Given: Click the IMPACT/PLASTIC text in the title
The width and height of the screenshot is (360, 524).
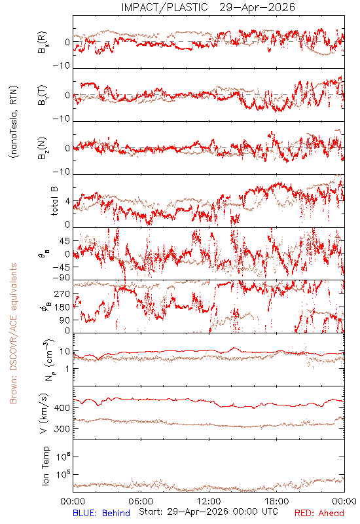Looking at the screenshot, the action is click(x=164, y=7).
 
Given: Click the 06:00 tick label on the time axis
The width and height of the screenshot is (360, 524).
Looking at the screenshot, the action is click(x=141, y=501).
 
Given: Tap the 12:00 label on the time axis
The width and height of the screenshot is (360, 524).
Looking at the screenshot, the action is click(x=209, y=501).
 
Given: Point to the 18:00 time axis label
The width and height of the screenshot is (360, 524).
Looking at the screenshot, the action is click(x=277, y=501).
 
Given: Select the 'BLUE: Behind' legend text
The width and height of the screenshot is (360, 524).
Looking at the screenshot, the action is click(x=101, y=513).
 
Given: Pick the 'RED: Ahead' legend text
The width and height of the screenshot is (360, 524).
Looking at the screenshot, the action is click(x=319, y=513).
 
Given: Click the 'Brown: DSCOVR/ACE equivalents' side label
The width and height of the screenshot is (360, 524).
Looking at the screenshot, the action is click(x=13, y=333).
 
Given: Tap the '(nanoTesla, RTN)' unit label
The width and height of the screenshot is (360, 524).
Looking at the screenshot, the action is click(x=14, y=122).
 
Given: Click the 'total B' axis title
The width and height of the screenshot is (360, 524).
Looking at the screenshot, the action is click(x=54, y=201).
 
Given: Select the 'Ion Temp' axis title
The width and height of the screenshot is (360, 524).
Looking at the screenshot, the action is click(x=45, y=466).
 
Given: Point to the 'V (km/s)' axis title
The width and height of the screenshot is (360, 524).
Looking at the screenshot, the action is click(x=44, y=414).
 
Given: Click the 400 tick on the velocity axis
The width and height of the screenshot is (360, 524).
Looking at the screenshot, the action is click(x=62, y=407).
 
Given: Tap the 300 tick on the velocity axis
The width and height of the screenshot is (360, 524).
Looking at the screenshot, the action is click(x=62, y=429).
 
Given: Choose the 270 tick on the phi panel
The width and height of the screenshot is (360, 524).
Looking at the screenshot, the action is click(x=62, y=293).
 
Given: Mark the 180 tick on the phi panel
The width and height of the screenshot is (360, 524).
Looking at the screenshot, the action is click(x=62, y=307).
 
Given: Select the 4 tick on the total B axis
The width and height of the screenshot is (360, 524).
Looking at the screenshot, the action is click(x=67, y=201).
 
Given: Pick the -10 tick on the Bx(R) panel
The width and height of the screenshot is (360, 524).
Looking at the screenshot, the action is click(x=62, y=65).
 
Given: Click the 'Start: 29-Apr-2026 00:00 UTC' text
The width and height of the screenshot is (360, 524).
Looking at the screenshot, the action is click(x=208, y=512).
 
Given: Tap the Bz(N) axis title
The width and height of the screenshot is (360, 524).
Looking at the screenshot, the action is click(x=42, y=148).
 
